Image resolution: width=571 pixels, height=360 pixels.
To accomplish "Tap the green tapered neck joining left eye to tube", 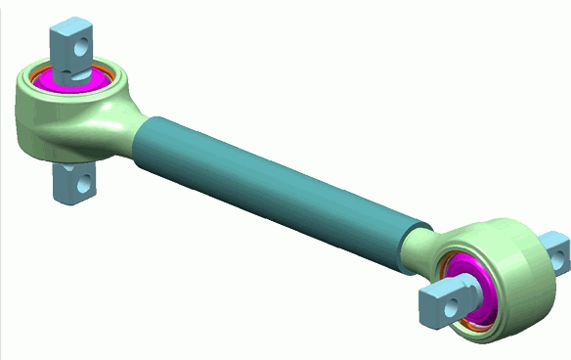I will coord(133,132).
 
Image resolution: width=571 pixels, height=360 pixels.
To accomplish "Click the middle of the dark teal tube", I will coord(284,186).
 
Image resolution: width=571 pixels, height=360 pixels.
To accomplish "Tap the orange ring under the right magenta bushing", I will coord(470,323).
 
